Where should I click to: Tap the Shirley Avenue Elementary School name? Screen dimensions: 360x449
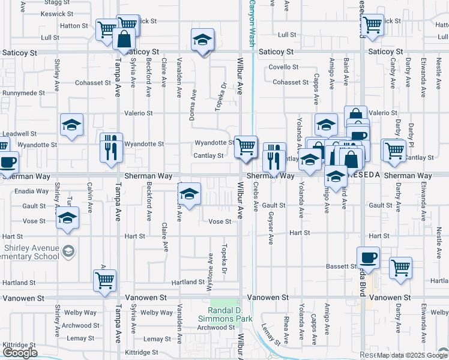(29, 252)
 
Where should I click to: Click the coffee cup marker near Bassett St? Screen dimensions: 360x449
(369, 257)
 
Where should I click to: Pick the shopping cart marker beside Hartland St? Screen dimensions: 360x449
(105, 280)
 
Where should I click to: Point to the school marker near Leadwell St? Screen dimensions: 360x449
(72, 125)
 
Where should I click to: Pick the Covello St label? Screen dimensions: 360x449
(284, 67)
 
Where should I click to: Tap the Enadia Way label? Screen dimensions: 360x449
(34, 191)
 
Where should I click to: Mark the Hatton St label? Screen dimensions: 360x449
(74, 26)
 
